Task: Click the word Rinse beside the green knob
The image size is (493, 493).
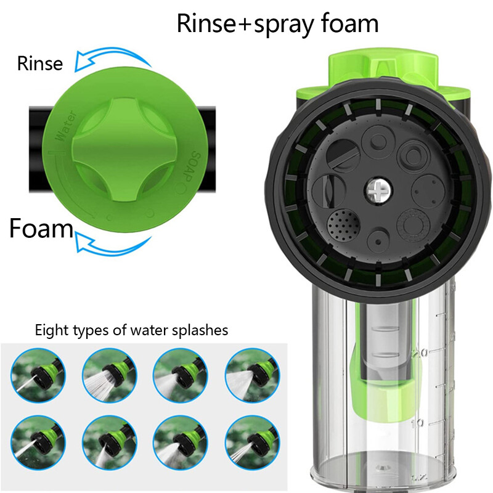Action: (40, 63)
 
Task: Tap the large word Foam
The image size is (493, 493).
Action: (41, 228)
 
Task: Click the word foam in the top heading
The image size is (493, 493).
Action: (349, 23)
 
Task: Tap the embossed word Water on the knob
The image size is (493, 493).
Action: (65, 126)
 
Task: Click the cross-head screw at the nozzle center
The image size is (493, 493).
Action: (378, 190)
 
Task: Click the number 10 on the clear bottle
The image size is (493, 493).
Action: (418, 423)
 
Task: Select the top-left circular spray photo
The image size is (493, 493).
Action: (38, 375)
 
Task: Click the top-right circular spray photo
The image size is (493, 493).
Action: (252, 375)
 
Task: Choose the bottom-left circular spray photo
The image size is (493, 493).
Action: (38, 442)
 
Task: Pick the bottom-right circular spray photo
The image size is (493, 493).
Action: (252, 442)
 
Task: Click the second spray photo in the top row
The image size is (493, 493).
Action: (110, 375)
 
